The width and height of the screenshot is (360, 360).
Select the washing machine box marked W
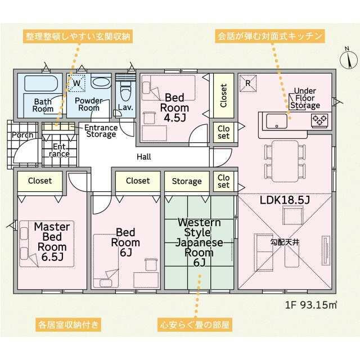76,83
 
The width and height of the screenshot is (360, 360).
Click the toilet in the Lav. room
125,90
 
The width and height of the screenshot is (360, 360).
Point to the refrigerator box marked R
248,83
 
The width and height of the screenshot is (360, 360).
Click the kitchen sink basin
276,121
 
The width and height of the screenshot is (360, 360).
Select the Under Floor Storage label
305,98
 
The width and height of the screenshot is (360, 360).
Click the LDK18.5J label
285,200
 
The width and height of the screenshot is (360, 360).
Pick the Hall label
144,157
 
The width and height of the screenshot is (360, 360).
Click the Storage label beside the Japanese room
187,181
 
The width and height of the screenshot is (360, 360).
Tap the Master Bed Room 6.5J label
52,242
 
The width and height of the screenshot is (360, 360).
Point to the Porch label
22,135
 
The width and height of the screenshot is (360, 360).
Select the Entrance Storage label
101,131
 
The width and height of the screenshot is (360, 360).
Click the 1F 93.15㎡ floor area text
311,305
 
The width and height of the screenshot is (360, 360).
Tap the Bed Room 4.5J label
174,107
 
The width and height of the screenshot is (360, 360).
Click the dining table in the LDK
285,161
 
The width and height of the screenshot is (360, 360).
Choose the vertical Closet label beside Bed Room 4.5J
224,96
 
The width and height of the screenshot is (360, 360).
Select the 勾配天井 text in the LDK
285,242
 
